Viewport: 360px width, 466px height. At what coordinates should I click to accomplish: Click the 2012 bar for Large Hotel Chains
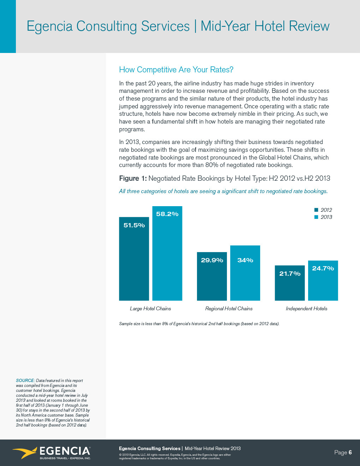click(x=134, y=261)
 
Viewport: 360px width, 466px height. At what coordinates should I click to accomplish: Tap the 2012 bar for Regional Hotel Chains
click(x=212, y=279)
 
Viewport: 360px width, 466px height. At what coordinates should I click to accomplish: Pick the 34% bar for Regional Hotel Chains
click(x=245, y=275)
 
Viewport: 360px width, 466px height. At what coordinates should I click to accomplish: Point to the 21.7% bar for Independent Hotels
click(x=290, y=286)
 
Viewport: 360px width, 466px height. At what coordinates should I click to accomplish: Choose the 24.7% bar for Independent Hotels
click(x=323, y=282)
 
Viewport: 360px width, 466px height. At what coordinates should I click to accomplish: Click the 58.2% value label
click(x=167, y=214)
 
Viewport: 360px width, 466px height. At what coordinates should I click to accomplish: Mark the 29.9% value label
click(x=212, y=260)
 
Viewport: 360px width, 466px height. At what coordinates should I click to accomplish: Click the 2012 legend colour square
click(x=316, y=210)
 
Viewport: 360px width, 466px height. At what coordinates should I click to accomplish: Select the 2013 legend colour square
click(x=316, y=217)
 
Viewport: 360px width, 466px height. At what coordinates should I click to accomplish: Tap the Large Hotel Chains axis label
click(x=150, y=309)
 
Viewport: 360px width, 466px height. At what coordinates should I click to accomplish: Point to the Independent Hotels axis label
click(x=306, y=309)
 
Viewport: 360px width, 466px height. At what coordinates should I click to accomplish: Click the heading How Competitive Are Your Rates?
click(x=176, y=70)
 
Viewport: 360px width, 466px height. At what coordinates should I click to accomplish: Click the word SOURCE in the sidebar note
click(x=25, y=381)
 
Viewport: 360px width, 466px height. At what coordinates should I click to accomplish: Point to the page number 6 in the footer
click(x=350, y=453)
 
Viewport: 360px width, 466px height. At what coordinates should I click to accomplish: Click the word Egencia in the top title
click(x=50, y=26)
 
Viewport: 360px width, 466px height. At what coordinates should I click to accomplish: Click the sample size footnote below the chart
click(x=199, y=324)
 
